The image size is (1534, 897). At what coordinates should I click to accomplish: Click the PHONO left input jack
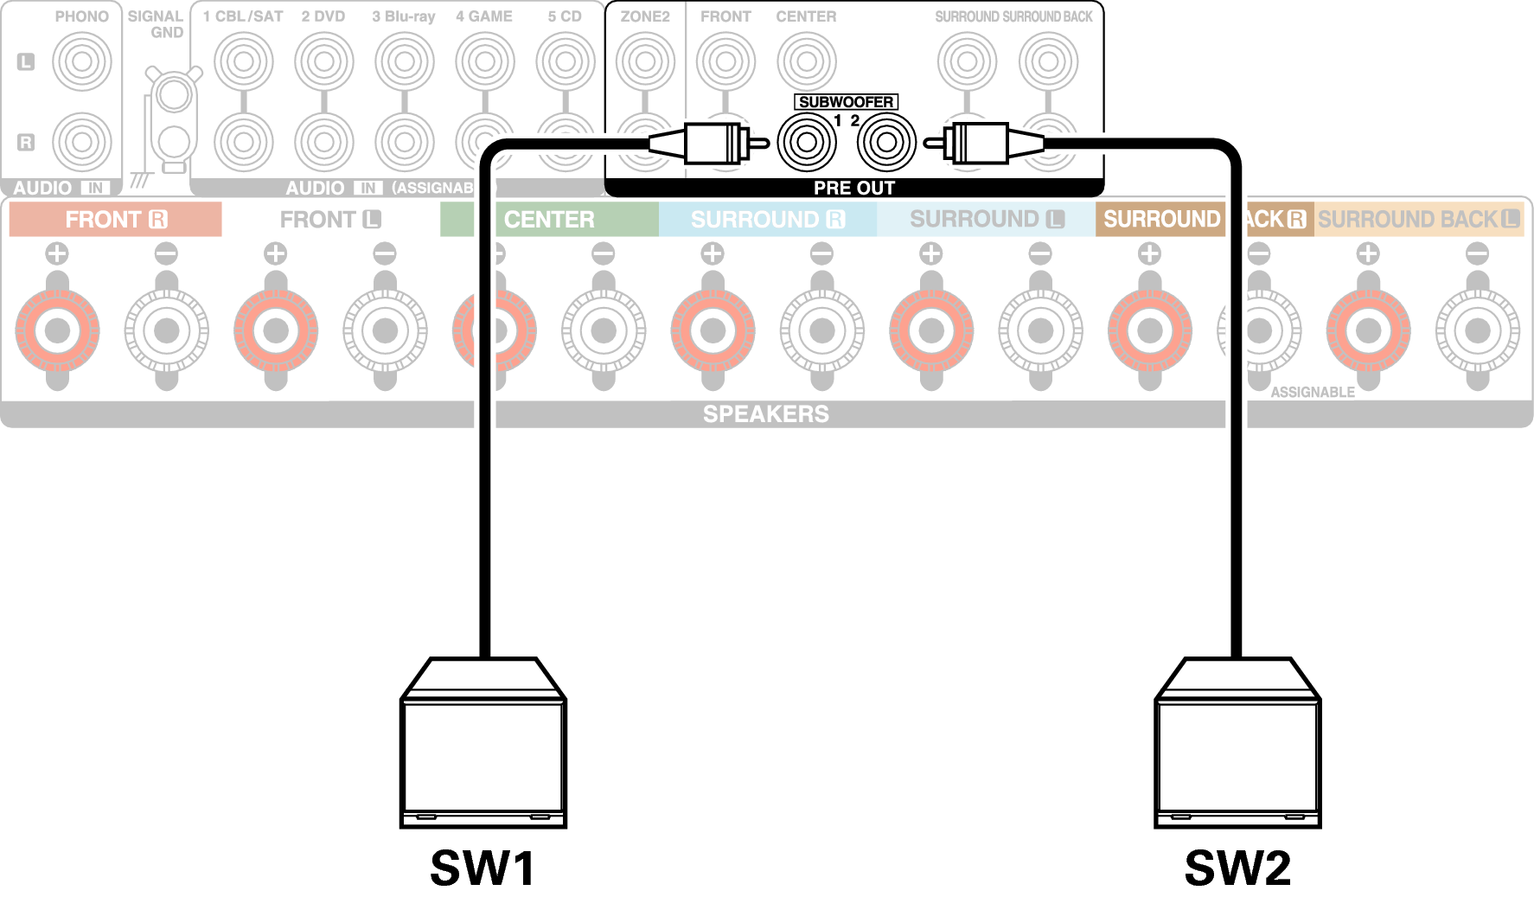pyautogui.click(x=82, y=62)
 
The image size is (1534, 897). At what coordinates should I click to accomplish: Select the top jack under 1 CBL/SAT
pyautogui.click(x=243, y=62)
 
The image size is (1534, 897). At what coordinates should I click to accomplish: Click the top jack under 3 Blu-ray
pyautogui.click(x=404, y=62)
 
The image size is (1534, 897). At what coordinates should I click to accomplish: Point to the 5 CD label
pyautogui.click(x=565, y=16)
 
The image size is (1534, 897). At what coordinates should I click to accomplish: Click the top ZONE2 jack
pyautogui.click(x=645, y=62)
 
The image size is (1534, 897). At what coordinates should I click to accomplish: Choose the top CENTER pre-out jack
pyautogui.click(x=806, y=62)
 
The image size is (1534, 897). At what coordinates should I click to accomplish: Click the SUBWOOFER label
pyautogui.click(x=846, y=102)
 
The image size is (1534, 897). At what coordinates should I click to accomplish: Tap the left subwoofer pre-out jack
pyautogui.click(x=807, y=142)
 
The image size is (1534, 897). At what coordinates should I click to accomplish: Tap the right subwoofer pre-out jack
pyautogui.click(x=886, y=142)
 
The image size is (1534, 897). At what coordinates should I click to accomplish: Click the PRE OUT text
pyautogui.click(x=853, y=188)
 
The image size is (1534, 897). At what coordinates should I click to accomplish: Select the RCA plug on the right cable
pyautogui.click(x=977, y=142)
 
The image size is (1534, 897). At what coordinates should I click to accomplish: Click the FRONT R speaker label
pyautogui.click(x=115, y=220)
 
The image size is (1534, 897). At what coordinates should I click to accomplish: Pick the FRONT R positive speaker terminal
pyautogui.click(x=58, y=330)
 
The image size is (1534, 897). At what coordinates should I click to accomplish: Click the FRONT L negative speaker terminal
pyautogui.click(x=385, y=330)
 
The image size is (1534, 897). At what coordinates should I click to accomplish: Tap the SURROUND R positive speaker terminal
pyautogui.click(x=713, y=330)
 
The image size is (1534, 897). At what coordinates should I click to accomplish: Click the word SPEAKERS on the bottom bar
pyautogui.click(x=765, y=414)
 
